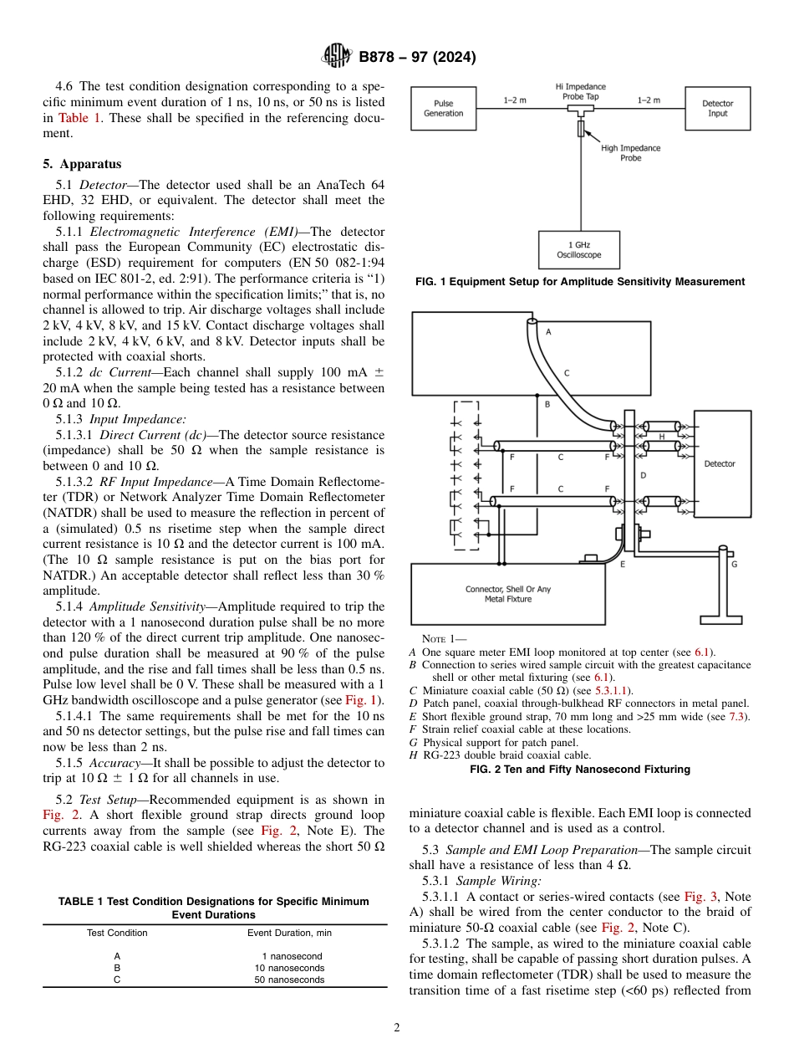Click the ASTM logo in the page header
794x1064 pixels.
(x=337, y=57)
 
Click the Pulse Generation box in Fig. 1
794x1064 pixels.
(x=443, y=108)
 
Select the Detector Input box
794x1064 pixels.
(x=717, y=108)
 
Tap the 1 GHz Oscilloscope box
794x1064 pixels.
(x=578, y=250)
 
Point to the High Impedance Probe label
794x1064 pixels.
(x=630, y=153)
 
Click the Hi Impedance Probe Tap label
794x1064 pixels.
(x=580, y=91)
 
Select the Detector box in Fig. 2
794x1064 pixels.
(x=719, y=463)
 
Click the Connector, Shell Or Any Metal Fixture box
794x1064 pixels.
(x=507, y=594)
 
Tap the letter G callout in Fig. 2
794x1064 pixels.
(x=734, y=565)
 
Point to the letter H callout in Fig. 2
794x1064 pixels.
(x=661, y=436)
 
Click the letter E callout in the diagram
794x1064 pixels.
(x=622, y=565)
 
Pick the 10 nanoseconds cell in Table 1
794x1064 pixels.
(x=289, y=968)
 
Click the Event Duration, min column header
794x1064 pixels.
(x=289, y=933)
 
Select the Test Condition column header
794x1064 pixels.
(x=117, y=933)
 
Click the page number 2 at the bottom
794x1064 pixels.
(x=397, y=1028)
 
